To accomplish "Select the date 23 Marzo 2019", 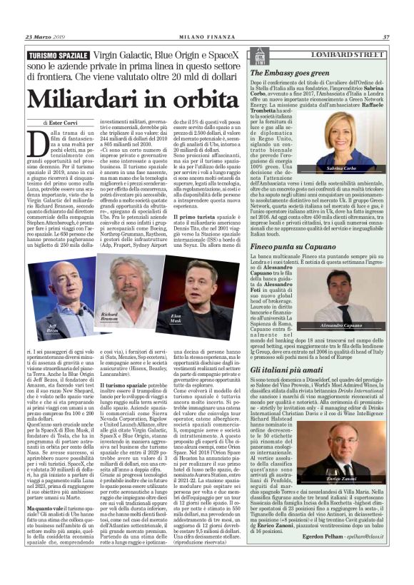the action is [45, 38].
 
